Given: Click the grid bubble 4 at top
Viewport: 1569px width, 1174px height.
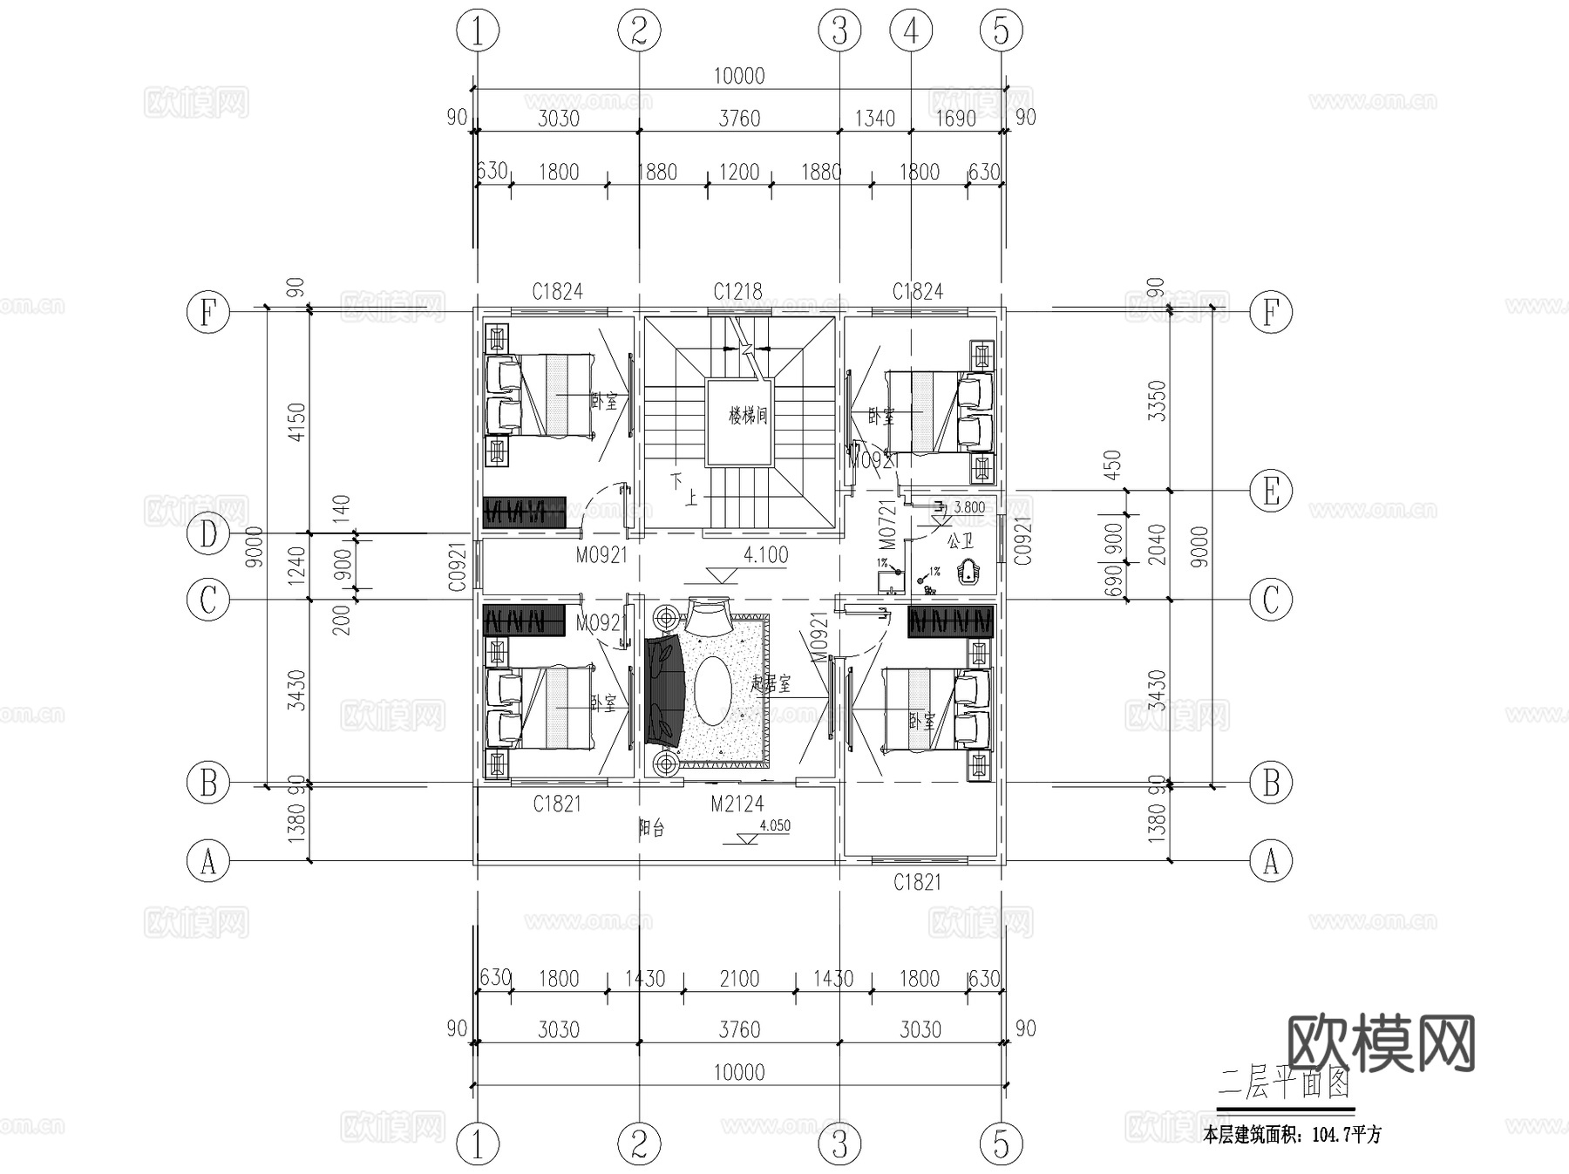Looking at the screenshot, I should click(x=911, y=31).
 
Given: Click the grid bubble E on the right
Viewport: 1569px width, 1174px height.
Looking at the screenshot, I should click(x=1270, y=492).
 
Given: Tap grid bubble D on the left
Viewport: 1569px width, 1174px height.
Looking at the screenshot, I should click(x=208, y=534).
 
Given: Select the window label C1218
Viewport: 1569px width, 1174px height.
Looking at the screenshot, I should click(x=737, y=291).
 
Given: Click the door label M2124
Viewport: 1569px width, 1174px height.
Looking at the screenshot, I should click(x=737, y=804).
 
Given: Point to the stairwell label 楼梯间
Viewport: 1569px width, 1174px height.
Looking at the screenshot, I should click(x=748, y=416).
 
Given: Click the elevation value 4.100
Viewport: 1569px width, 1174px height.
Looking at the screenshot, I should click(x=765, y=555).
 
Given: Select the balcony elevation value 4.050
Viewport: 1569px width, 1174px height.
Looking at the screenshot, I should click(x=775, y=825).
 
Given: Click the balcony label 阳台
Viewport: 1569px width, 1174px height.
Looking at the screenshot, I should click(x=651, y=829).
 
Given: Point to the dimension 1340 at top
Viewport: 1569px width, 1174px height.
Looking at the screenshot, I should click(x=874, y=119).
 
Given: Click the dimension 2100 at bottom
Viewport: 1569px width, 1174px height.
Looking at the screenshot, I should click(x=738, y=979).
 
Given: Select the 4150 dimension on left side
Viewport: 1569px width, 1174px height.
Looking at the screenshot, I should click(x=297, y=422).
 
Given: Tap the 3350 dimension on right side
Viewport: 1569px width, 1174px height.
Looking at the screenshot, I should click(x=1157, y=400).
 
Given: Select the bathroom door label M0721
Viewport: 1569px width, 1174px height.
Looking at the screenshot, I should click(x=887, y=524).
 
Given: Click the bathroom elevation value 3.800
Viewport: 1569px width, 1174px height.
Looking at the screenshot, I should click(x=969, y=507).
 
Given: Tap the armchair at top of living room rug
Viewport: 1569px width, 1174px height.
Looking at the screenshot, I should click(x=707, y=616).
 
